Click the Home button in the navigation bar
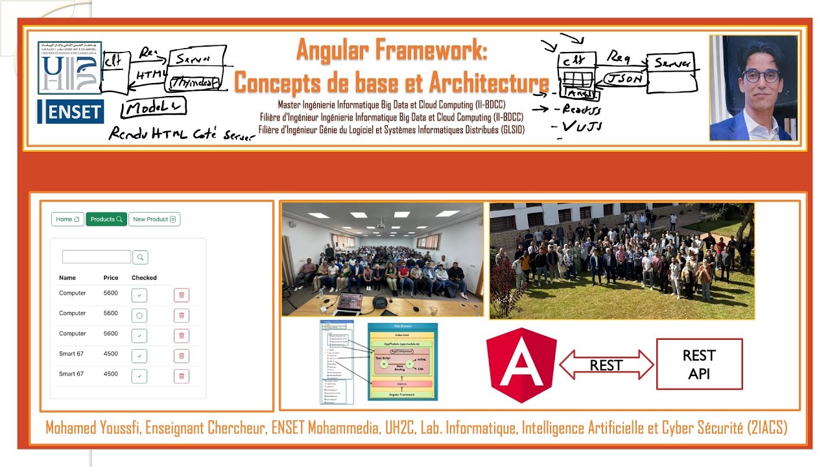point(67,219)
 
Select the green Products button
point(106,219)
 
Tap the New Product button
point(154,219)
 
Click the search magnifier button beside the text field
point(140,257)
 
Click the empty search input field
point(97,257)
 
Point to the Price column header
point(111,278)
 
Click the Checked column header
point(144,278)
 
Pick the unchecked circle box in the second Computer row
point(139,316)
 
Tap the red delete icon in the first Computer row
point(182,296)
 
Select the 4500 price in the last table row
point(111,374)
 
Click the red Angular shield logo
point(521,365)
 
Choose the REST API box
point(699,364)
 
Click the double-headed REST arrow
point(606,365)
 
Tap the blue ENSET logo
point(71,112)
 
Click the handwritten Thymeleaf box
point(196,82)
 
